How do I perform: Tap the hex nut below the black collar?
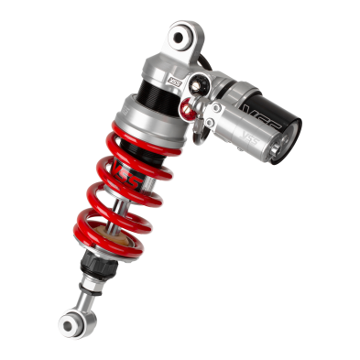[x=92, y=275]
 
